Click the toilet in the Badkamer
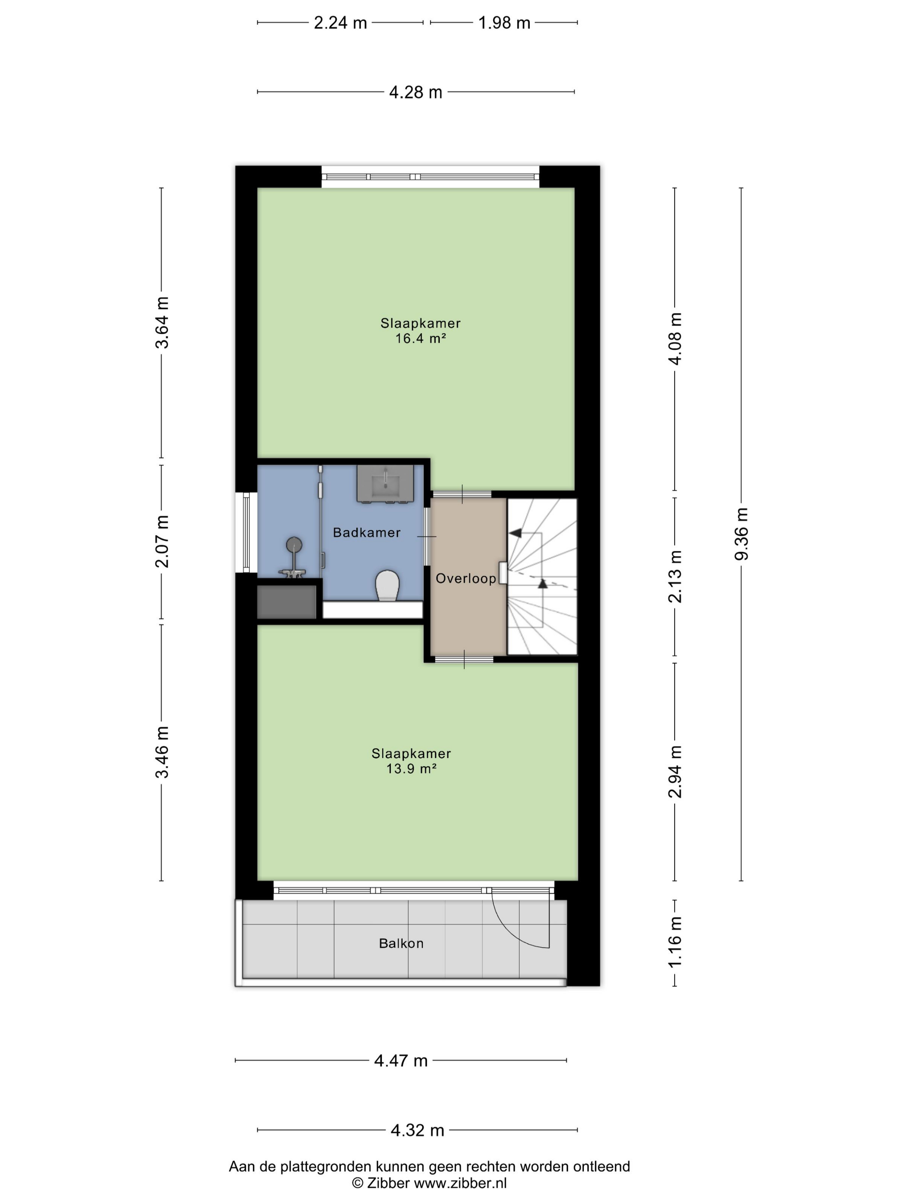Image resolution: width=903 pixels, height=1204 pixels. click(x=387, y=586)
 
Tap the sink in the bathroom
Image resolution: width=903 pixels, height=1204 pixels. click(x=390, y=483)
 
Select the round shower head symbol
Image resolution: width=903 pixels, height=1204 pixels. click(x=294, y=544)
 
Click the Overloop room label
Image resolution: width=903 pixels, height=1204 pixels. click(x=466, y=578)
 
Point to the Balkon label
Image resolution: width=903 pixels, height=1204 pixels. click(x=401, y=943)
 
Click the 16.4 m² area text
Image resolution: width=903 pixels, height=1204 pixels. click(x=421, y=338)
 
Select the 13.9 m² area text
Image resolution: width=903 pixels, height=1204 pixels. click(x=412, y=768)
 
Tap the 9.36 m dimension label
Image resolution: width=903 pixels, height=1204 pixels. click(x=741, y=534)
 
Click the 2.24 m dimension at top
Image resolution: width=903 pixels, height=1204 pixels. click(x=340, y=23)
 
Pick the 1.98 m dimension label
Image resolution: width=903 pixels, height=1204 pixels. click(x=504, y=23)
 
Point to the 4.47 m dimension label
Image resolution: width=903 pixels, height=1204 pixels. click(x=401, y=1060)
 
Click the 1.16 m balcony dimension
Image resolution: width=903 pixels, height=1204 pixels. click(x=675, y=942)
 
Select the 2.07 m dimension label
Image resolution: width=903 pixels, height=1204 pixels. click(x=162, y=541)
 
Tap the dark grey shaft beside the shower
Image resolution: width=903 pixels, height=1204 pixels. click(x=286, y=602)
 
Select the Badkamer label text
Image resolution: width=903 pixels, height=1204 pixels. click(x=366, y=532)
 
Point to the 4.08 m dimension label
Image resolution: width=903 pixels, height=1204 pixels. click(x=675, y=338)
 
